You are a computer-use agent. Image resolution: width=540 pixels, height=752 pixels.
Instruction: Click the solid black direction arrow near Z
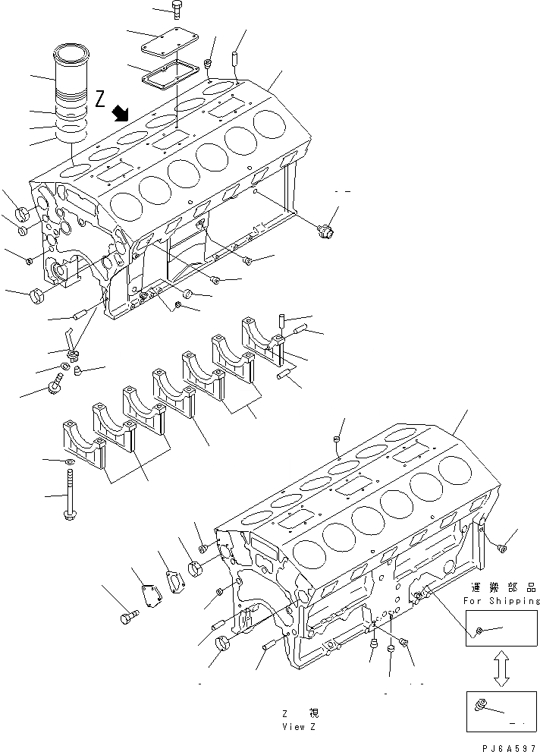tap(120, 114)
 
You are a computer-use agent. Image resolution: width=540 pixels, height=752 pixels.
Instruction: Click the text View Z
tap(297, 726)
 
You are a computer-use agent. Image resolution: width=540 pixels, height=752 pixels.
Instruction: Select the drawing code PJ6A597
tap(510, 744)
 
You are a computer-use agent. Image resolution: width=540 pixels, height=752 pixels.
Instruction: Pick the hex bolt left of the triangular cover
tap(127, 617)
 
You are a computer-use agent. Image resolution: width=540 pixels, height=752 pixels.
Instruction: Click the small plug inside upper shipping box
tap(479, 631)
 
